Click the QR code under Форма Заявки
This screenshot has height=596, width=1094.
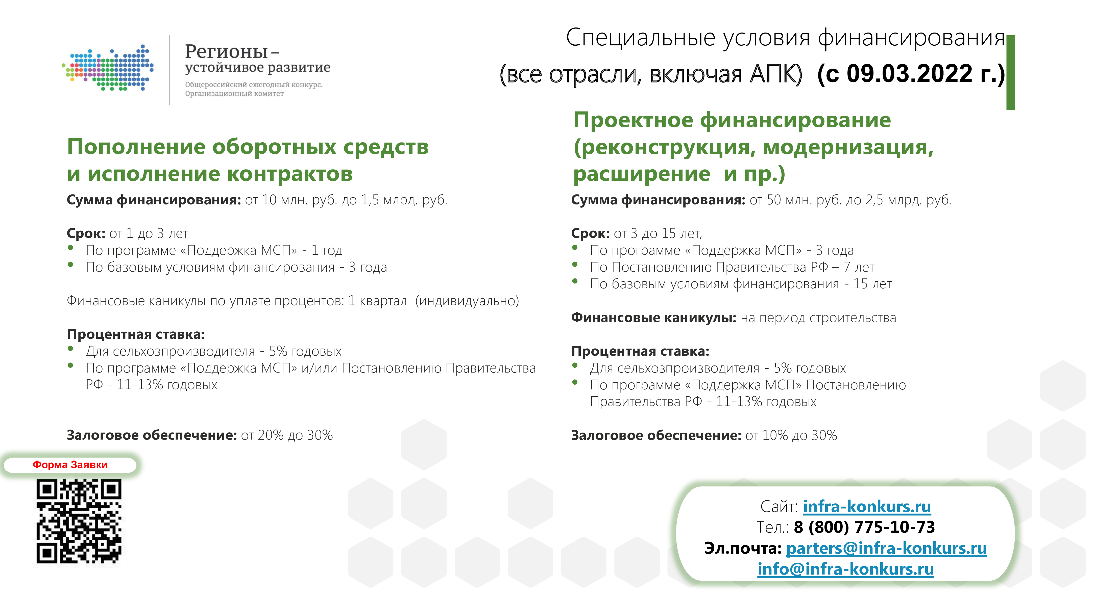(x=79, y=522)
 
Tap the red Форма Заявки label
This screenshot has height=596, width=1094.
(x=70, y=465)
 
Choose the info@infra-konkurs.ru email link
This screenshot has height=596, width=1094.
(x=845, y=569)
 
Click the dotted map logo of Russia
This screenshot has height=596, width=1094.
(x=108, y=68)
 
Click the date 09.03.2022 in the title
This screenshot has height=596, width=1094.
(x=909, y=74)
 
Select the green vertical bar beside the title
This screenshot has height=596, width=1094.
(x=1010, y=73)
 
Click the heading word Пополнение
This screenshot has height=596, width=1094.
(x=136, y=147)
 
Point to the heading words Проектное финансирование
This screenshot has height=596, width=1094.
(x=732, y=120)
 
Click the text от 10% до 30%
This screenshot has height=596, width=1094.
(x=791, y=435)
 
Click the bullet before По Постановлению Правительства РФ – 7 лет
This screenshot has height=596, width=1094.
(x=575, y=264)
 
